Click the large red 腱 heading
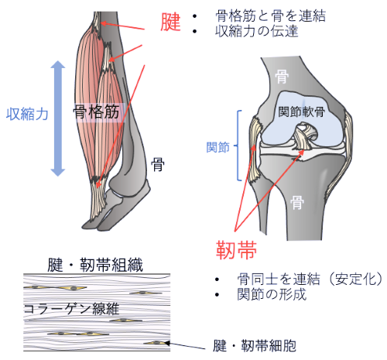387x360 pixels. point(170,22)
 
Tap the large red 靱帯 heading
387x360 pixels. point(236,250)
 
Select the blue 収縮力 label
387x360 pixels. point(27,114)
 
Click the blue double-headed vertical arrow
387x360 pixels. point(58,118)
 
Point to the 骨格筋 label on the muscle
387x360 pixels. point(96,111)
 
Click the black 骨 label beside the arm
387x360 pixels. point(158,164)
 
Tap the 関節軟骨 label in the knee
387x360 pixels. point(301,111)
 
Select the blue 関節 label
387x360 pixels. point(217,147)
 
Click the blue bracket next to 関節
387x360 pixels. point(238,146)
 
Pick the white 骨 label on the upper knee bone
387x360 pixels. point(282,77)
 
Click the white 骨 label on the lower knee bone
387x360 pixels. point(297,202)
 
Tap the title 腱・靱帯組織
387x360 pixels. point(95,265)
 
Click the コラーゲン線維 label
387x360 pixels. point(71,309)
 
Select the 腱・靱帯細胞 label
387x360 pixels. point(255,345)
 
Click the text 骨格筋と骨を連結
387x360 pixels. point(270,16)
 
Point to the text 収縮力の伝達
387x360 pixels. point(257,31)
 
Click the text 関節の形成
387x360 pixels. point(272,294)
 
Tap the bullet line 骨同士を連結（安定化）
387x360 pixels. point(310,279)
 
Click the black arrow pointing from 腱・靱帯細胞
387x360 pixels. point(185,346)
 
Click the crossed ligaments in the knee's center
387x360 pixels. point(305,136)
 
